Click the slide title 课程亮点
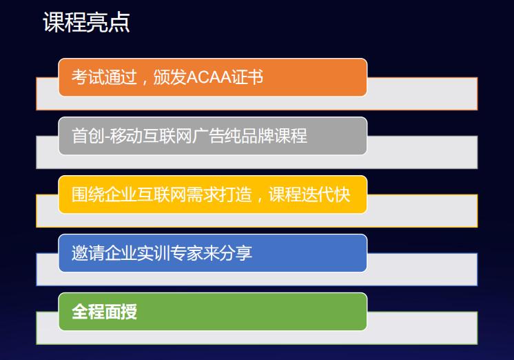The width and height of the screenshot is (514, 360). [86, 23]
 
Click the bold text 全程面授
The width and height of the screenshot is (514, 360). [105, 312]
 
